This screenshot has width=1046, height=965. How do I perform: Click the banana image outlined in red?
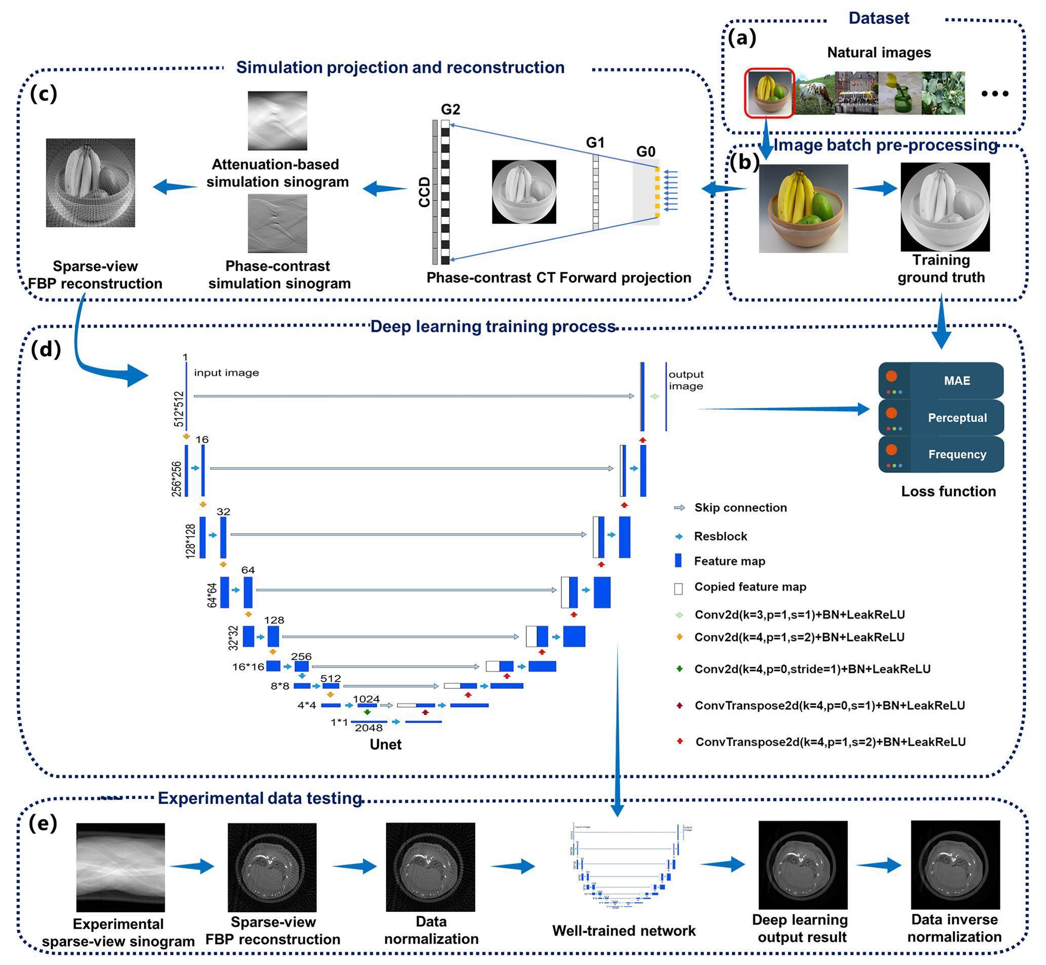coord(769,92)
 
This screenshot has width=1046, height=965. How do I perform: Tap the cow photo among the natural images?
coord(815,93)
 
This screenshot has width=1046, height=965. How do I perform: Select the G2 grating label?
coord(450,109)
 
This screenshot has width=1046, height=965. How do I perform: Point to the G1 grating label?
coord(595,142)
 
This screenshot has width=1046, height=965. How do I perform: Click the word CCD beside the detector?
coord(425,192)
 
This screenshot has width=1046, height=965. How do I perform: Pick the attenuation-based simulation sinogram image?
coord(277,121)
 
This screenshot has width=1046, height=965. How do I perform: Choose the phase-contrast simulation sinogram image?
coord(277,224)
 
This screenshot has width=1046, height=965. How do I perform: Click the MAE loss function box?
coord(941,381)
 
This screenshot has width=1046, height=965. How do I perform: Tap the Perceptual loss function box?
coord(941,418)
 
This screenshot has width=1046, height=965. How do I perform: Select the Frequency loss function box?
coord(941,454)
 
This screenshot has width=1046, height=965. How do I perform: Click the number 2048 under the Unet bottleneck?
coord(369,728)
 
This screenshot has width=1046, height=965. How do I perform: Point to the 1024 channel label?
coord(366,699)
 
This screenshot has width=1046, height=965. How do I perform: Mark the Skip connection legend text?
coord(740,507)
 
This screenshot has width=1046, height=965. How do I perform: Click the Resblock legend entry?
coord(720,536)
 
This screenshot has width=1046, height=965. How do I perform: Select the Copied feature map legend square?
coord(679,588)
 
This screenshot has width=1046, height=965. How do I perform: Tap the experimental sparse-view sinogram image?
coord(121,867)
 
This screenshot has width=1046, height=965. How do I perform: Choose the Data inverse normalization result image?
coord(955,865)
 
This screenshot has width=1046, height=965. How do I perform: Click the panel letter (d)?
coord(46,349)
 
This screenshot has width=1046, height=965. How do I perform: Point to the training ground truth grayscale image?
coord(945,207)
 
